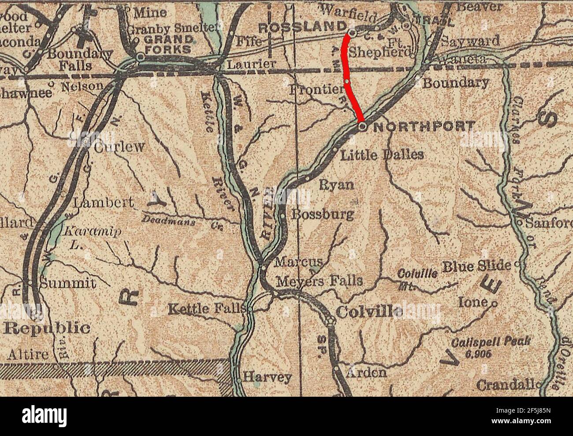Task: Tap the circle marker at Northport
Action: tap(362, 127)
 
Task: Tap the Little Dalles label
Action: tap(383, 155)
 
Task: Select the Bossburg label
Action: tap(323, 214)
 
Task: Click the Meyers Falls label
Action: tap(320, 281)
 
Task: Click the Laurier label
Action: tap(251, 64)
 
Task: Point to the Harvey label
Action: tap(268, 377)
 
